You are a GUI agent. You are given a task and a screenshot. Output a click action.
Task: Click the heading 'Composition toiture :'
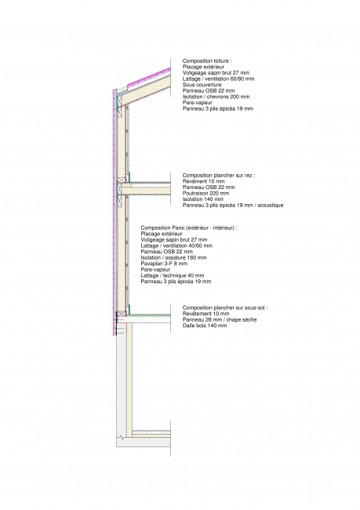coord(207,61)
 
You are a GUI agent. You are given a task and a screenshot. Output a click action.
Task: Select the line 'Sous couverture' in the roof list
coord(202,85)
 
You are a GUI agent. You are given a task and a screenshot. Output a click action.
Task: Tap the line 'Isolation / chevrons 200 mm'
coord(216,97)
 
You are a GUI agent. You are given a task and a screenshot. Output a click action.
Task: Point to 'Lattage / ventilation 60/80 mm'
coord(218,78)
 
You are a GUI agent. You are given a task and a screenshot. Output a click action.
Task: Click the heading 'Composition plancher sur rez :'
coord(219,175)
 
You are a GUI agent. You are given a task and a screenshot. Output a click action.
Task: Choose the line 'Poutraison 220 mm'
coord(205,193)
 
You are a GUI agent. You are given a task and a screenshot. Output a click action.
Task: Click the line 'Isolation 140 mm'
coord(203,199)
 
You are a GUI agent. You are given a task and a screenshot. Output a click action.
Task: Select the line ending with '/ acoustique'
coord(233,206)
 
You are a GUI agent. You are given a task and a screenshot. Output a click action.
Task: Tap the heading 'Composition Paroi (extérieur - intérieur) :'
coord(189,228)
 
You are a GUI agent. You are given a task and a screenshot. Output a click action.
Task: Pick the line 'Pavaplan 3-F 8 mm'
coord(164,264)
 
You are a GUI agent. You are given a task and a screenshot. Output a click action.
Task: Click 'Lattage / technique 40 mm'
coord(173,275)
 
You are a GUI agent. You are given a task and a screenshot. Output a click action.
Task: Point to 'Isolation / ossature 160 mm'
coord(173,257)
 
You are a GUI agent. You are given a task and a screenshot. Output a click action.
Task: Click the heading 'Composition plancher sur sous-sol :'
coord(225,308)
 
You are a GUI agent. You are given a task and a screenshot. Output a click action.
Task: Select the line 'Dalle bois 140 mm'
coord(205,326)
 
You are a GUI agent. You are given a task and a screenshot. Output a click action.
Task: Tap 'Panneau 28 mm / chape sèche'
coord(220,319)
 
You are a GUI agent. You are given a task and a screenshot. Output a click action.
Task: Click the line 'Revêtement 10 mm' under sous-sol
coord(205,314)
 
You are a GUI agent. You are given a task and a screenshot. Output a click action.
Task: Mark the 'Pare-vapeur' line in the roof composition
coord(197,103)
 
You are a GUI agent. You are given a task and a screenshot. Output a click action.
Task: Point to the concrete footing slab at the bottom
coord(144,442)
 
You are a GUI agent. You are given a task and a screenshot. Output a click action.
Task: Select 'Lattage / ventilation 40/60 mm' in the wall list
coord(176,246)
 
